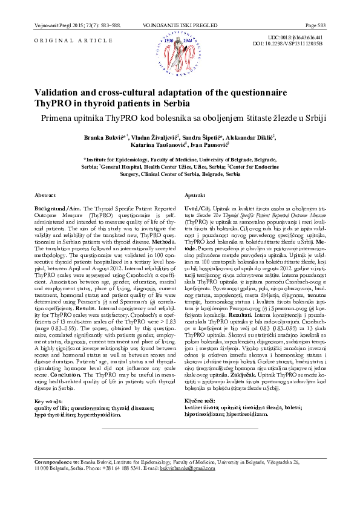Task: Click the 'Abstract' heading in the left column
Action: click(45, 196)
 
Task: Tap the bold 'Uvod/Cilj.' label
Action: click(200, 207)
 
